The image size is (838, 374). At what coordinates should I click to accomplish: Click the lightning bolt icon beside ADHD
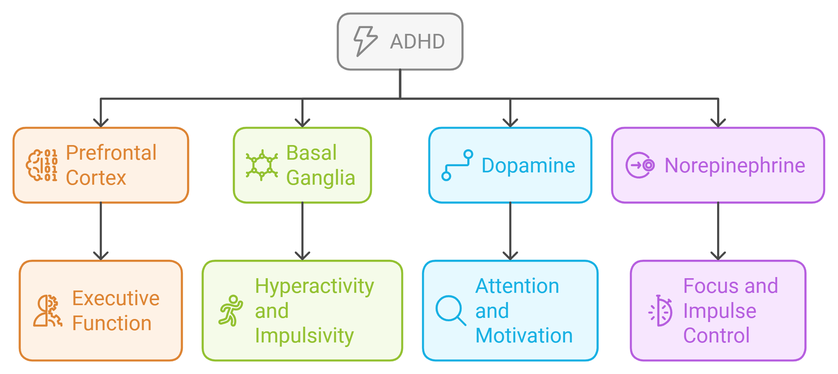[x=365, y=41]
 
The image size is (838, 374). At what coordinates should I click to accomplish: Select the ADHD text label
[x=417, y=42]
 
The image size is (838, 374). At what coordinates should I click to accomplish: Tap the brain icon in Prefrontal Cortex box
[x=42, y=165]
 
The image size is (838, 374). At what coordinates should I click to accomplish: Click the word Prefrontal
[x=111, y=153]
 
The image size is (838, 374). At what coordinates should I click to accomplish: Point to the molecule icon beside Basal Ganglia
[x=262, y=165]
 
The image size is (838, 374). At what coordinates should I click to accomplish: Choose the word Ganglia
[x=321, y=178]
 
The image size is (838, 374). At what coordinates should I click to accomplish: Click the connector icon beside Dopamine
[x=457, y=165]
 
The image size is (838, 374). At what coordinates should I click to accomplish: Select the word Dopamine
[x=528, y=165]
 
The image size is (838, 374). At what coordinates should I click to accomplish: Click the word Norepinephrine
[x=735, y=165]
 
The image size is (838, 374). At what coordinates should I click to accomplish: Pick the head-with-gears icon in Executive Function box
[x=47, y=311]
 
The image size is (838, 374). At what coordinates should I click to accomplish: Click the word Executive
[x=116, y=298]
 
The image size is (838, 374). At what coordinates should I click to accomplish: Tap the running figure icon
[x=231, y=311]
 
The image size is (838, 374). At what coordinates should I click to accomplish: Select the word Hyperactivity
[x=314, y=286]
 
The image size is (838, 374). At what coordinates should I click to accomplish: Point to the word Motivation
[x=524, y=336]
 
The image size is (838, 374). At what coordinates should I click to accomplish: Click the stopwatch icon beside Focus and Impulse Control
[x=661, y=311]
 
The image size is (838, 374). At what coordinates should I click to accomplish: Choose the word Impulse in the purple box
[x=719, y=311]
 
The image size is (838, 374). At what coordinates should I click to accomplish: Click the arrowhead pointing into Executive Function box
[x=101, y=256]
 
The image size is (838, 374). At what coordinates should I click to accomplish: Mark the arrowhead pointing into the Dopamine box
[x=510, y=123]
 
